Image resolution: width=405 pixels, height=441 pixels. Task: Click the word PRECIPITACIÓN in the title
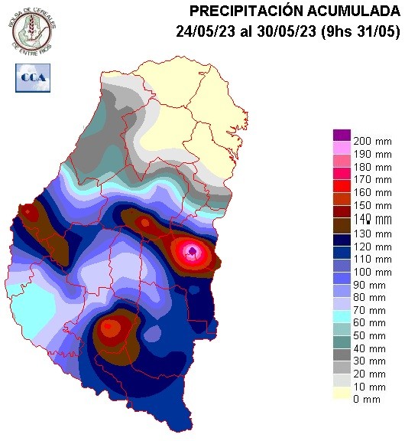pos(239,11)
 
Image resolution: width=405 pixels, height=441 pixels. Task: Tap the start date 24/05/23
pos(201,31)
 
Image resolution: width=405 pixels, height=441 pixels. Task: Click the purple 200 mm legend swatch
pos(341,136)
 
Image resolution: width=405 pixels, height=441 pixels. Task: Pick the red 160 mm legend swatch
pos(341,189)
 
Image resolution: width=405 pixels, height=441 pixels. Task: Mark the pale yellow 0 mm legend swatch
pos(341,394)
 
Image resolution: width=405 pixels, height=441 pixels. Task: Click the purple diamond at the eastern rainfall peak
pos(193,250)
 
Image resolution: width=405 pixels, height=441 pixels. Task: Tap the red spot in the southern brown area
pos(109,328)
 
